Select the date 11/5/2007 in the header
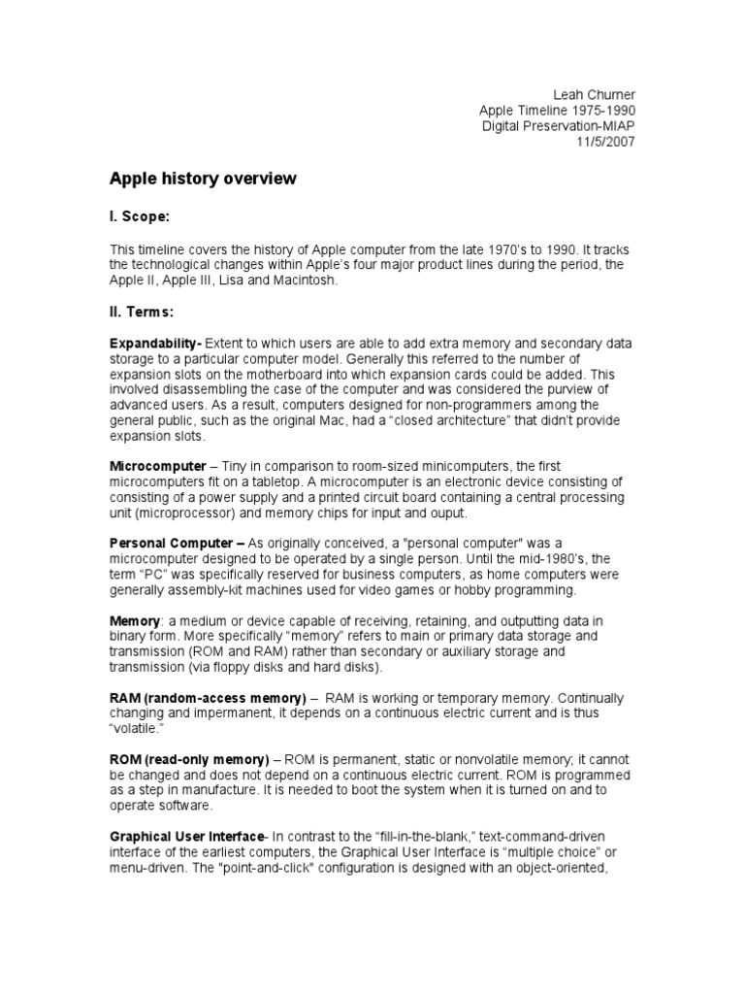click(607, 141)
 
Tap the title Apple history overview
click(203, 180)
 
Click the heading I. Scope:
click(145, 216)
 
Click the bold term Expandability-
click(156, 344)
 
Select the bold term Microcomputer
click(157, 467)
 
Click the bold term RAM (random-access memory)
click(208, 698)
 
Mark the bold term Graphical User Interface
click(186, 837)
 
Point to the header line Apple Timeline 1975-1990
click(559, 110)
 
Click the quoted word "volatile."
click(136, 728)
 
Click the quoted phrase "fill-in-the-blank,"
click(420, 837)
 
